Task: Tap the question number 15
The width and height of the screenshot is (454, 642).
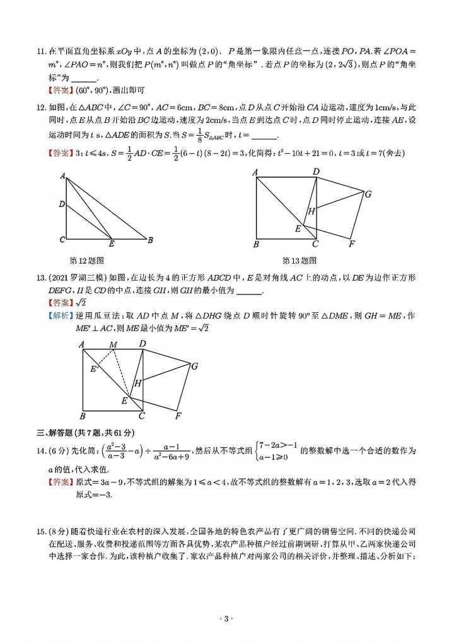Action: tap(40, 531)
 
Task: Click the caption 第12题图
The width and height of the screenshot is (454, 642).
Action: tap(86, 260)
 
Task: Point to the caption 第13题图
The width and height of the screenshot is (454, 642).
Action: tap(300, 260)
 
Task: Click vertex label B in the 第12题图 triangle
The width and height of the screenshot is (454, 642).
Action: tap(151, 240)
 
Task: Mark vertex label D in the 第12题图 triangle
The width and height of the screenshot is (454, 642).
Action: tap(62, 204)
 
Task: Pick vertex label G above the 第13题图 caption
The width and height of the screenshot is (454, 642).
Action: tap(368, 194)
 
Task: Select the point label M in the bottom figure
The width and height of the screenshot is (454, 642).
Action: tap(113, 344)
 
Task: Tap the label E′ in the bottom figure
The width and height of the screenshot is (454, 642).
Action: tap(93, 369)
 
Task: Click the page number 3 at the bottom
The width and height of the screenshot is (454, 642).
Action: tap(226, 620)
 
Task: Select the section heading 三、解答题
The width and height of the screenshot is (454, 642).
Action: tap(59, 432)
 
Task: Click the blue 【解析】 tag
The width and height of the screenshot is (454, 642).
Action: tap(60, 315)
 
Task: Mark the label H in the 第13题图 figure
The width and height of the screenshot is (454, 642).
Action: tap(311, 212)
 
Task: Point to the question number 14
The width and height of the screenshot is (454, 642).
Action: tap(40, 452)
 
